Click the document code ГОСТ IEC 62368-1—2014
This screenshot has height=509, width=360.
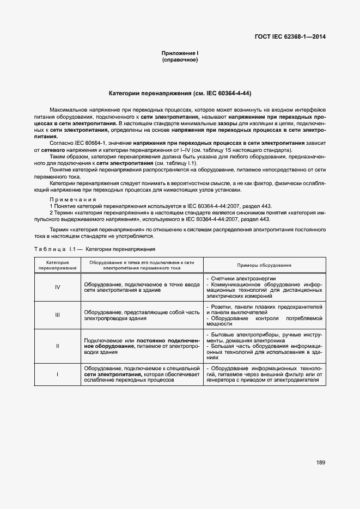pos(294,38)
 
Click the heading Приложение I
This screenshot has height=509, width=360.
pos(180,53)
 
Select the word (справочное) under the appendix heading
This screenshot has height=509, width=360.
pos(180,59)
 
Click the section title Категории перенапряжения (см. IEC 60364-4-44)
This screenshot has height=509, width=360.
pos(180,93)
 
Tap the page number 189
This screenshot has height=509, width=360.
pos(320,463)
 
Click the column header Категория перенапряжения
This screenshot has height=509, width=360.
pos(57,265)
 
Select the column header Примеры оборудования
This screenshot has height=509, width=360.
pos(264,265)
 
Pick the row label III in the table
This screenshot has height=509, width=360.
pos(57,315)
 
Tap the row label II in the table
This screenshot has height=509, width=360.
pos(57,346)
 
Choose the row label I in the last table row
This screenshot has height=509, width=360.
pos(57,375)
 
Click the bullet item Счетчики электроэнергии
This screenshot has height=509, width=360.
pos(237,278)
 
